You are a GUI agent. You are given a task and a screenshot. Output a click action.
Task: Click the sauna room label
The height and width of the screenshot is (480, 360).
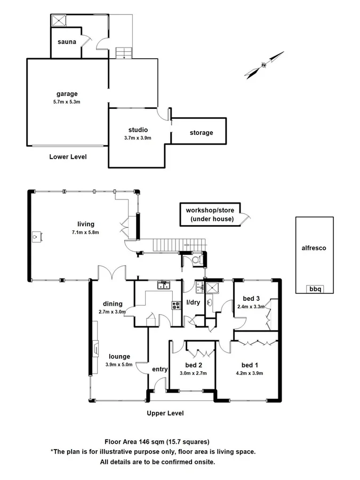point(67,42)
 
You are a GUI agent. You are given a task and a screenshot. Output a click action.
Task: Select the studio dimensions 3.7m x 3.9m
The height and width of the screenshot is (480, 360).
point(138,138)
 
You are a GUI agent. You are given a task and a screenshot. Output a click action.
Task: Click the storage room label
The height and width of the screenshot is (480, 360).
point(201,133)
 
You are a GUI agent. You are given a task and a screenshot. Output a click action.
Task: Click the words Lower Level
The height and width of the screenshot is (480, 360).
point(68,157)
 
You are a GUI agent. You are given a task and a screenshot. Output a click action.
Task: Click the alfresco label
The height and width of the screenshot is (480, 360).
point(314,248)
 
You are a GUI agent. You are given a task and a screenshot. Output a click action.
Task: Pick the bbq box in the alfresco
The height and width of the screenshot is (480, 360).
point(314,289)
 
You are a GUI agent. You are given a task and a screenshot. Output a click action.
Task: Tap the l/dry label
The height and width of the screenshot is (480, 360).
point(193,303)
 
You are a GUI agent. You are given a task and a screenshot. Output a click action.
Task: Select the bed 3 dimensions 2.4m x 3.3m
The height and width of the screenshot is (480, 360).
point(251,307)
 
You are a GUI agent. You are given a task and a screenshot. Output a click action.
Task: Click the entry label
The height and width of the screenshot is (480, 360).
point(159,369)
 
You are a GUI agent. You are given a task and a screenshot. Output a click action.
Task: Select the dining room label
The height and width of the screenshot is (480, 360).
point(113,304)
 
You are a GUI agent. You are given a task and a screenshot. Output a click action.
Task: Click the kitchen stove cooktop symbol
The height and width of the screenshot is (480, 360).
point(175,306)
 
